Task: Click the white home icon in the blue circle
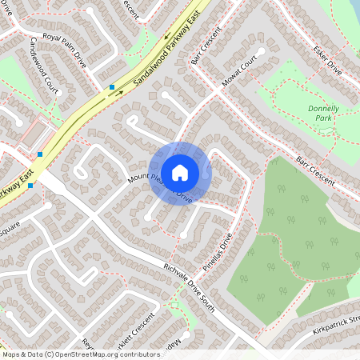[179, 172]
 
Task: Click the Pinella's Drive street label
[218, 253]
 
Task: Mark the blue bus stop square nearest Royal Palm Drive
[112, 86]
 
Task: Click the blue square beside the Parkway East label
[30, 186]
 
